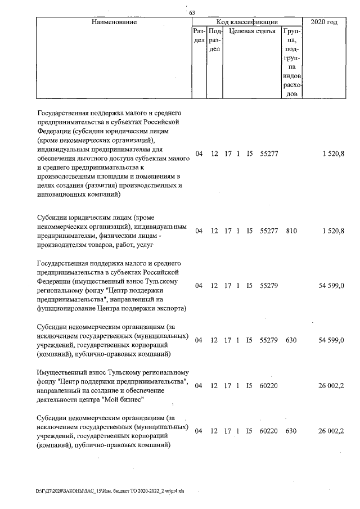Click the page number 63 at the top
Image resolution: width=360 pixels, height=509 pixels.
[x=192, y=13]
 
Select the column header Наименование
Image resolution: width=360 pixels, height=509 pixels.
[x=111, y=22]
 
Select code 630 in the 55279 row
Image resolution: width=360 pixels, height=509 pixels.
[x=291, y=340]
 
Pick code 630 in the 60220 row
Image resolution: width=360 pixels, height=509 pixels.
[x=291, y=431]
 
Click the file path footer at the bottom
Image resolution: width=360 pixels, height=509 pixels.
[x=110, y=490]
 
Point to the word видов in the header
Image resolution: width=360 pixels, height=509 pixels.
[x=292, y=75]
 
